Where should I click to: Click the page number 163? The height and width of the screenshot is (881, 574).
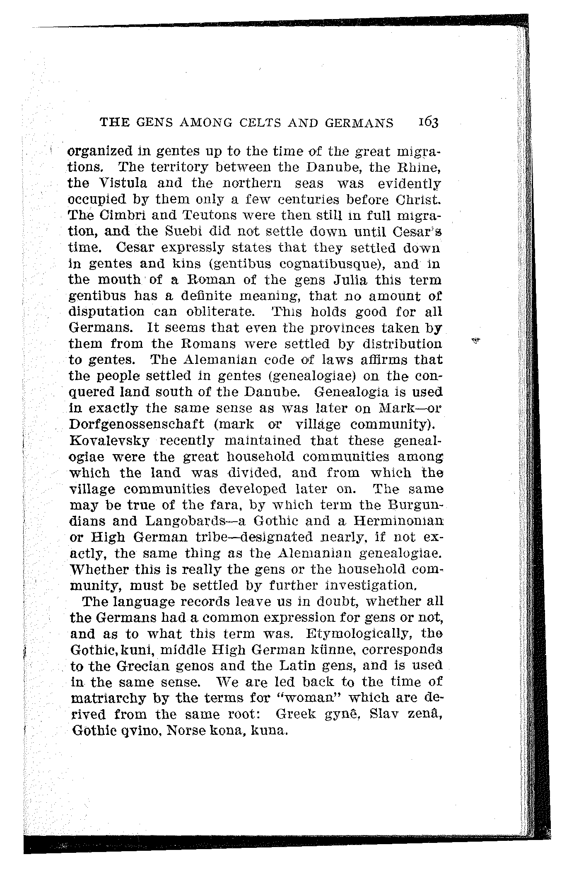428,123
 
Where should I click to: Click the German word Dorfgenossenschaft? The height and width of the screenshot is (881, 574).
137,424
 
